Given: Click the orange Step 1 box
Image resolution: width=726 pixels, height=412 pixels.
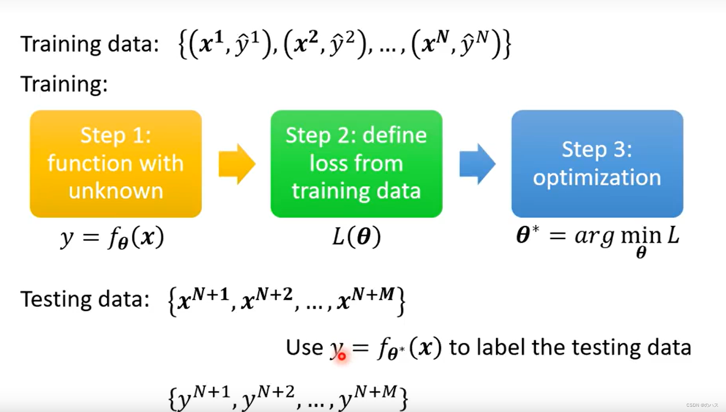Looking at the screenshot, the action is [x=115, y=164].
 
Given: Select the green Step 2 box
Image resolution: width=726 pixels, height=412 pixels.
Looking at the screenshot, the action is [x=356, y=164].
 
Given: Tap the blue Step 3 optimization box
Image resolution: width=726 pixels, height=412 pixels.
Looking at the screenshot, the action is [x=597, y=164].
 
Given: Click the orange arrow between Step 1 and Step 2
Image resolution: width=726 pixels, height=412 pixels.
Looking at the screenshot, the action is [x=237, y=164].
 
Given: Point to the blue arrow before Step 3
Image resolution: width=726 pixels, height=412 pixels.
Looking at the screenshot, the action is [x=477, y=164].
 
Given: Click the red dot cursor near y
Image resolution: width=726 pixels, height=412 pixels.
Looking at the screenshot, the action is [x=341, y=356].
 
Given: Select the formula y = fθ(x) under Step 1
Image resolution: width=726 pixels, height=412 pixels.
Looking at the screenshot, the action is [x=112, y=238].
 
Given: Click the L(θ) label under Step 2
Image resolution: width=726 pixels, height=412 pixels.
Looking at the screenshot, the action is [x=356, y=237].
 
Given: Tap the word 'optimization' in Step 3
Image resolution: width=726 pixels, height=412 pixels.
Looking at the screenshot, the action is [x=596, y=177].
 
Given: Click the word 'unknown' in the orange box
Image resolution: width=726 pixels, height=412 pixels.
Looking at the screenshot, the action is [x=116, y=190].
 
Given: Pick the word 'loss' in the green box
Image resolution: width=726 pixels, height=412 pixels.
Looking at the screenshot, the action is [x=326, y=163].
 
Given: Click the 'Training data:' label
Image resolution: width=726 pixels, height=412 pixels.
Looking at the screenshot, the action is [x=90, y=44].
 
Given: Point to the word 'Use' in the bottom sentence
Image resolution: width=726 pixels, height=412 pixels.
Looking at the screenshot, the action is [x=304, y=347].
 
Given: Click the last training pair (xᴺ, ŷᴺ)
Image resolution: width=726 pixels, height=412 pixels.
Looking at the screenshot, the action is [x=456, y=45].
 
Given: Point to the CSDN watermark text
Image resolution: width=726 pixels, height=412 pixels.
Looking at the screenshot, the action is [x=702, y=405].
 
